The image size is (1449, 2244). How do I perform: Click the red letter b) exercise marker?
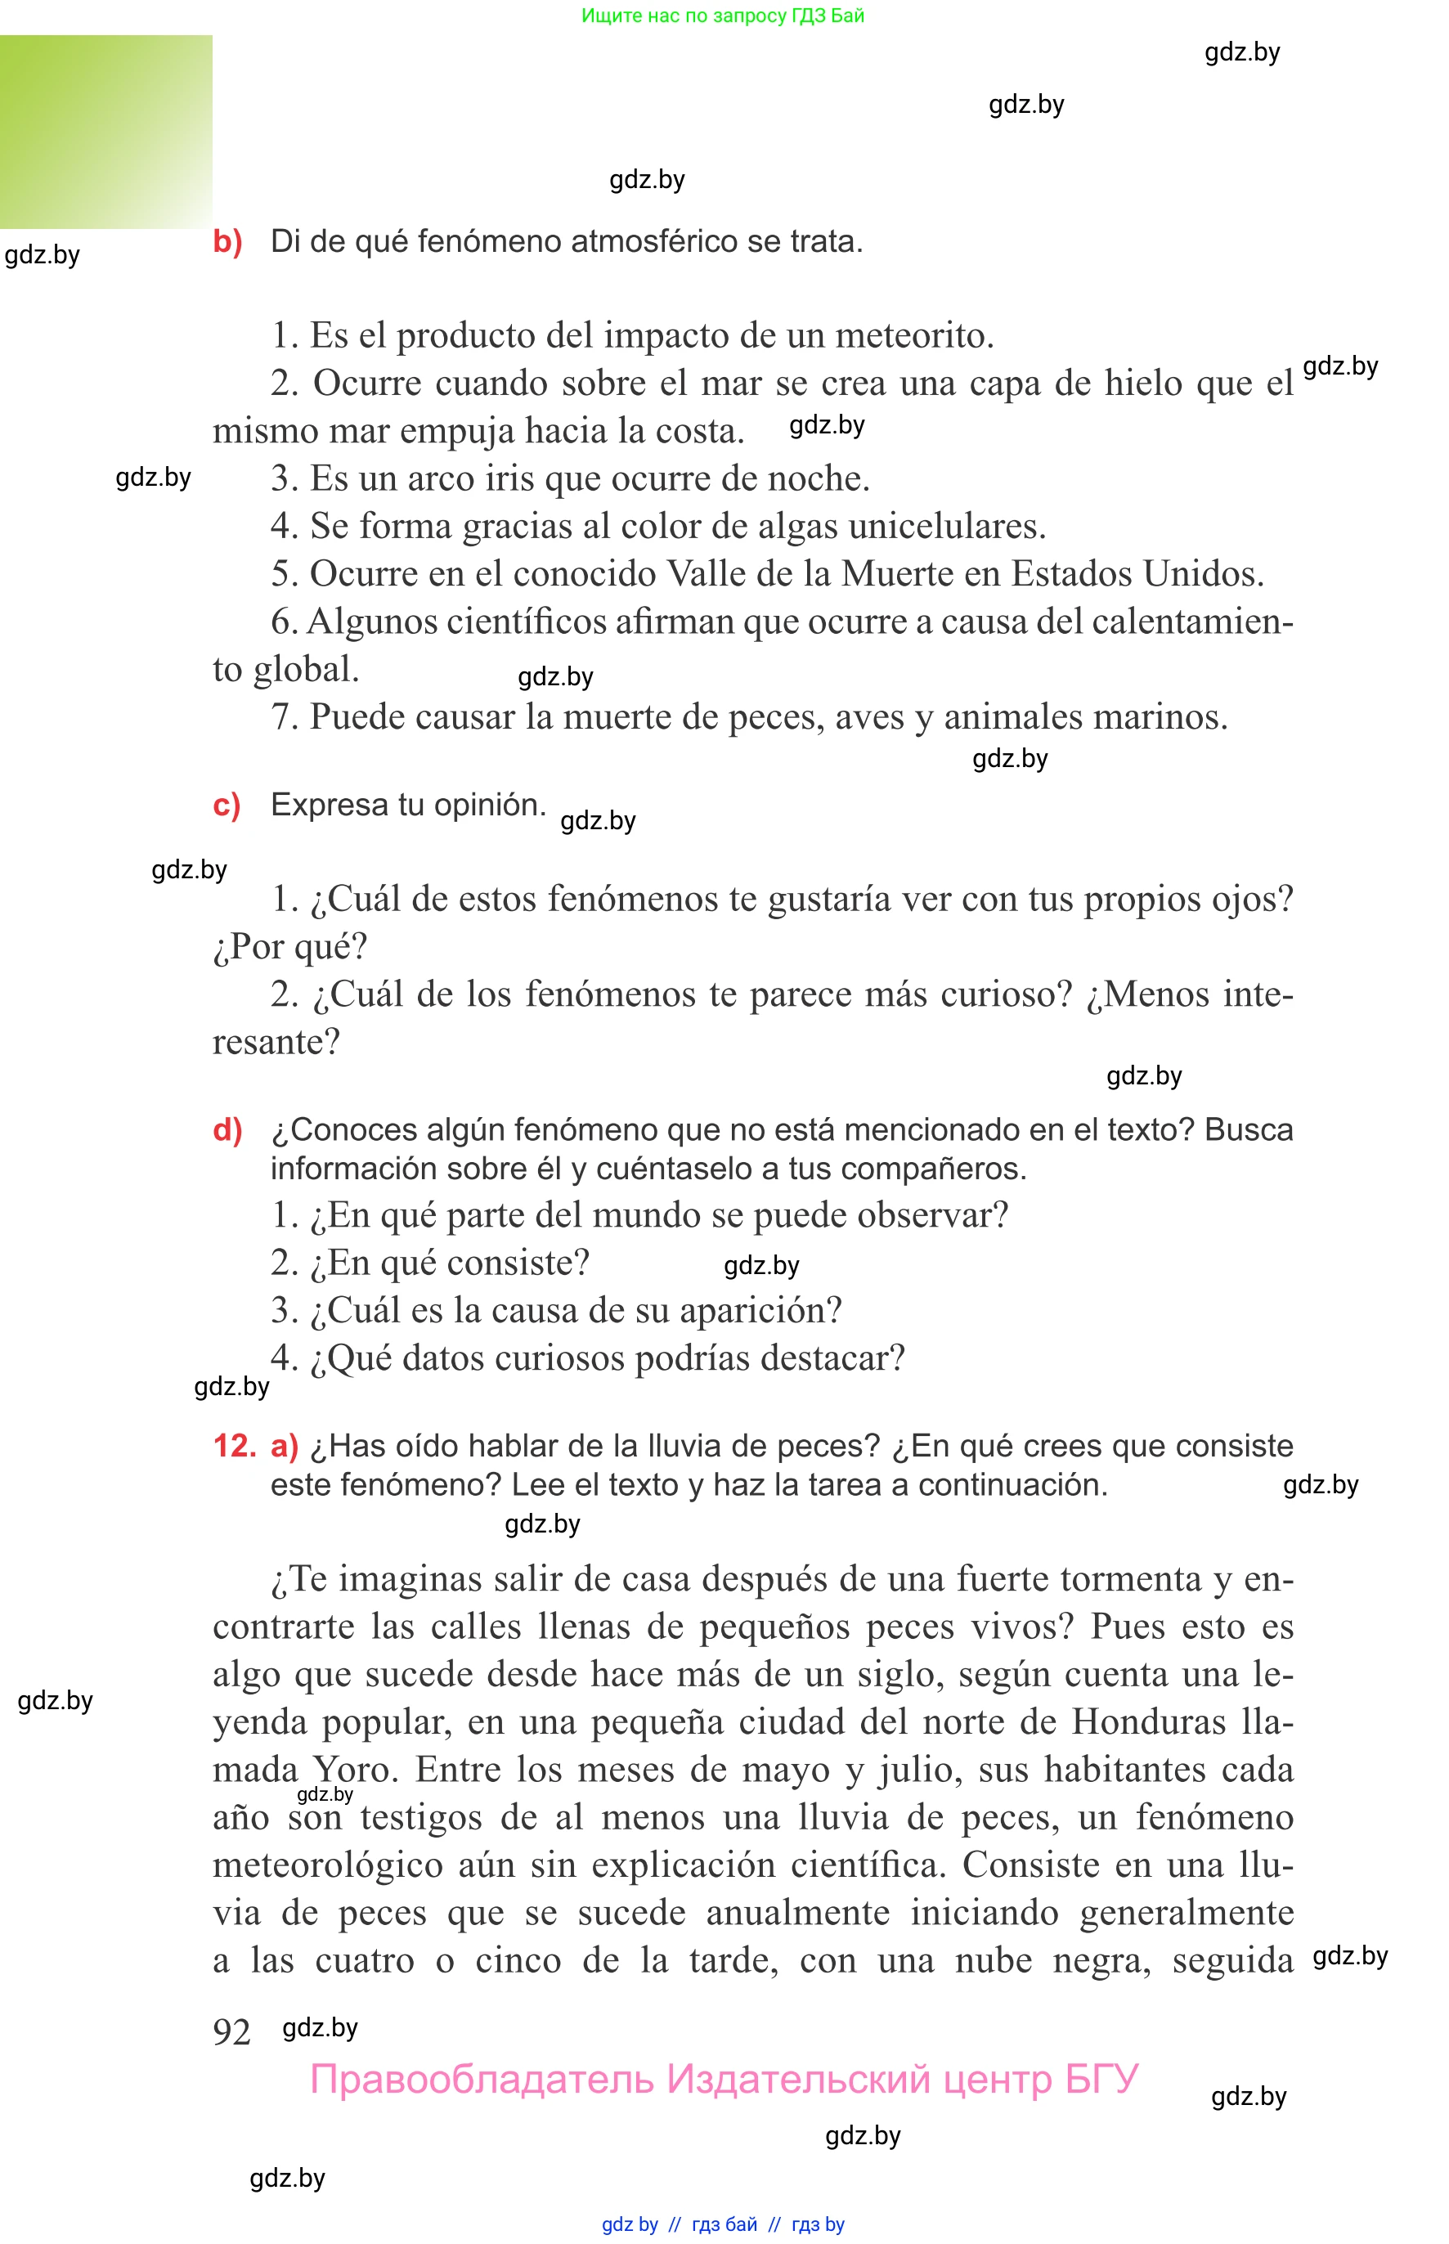227,242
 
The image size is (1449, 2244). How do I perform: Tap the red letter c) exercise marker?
227,806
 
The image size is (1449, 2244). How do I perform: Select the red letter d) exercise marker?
227,1129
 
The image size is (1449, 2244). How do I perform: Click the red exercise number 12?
235,1446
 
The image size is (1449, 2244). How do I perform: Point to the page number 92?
231,2031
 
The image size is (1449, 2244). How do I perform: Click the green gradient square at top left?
105,132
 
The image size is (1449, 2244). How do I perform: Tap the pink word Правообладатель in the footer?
482,2079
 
